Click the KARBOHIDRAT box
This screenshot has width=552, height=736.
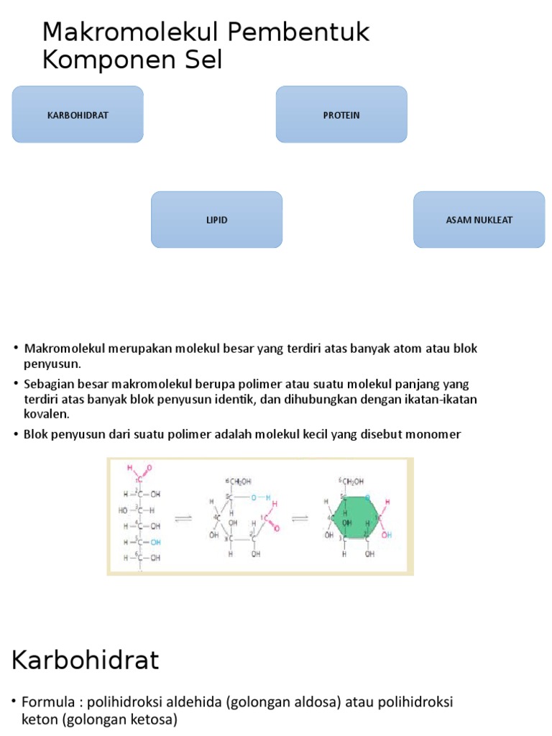[78, 115]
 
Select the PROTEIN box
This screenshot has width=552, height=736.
[341, 115]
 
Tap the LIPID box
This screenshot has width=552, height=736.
[216, 220]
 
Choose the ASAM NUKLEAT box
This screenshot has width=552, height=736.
[479, 220]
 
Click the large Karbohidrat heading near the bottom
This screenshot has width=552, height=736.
[85, 660]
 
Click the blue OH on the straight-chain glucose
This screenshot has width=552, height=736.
[155, 542]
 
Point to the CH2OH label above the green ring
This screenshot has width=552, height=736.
[352, 481]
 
